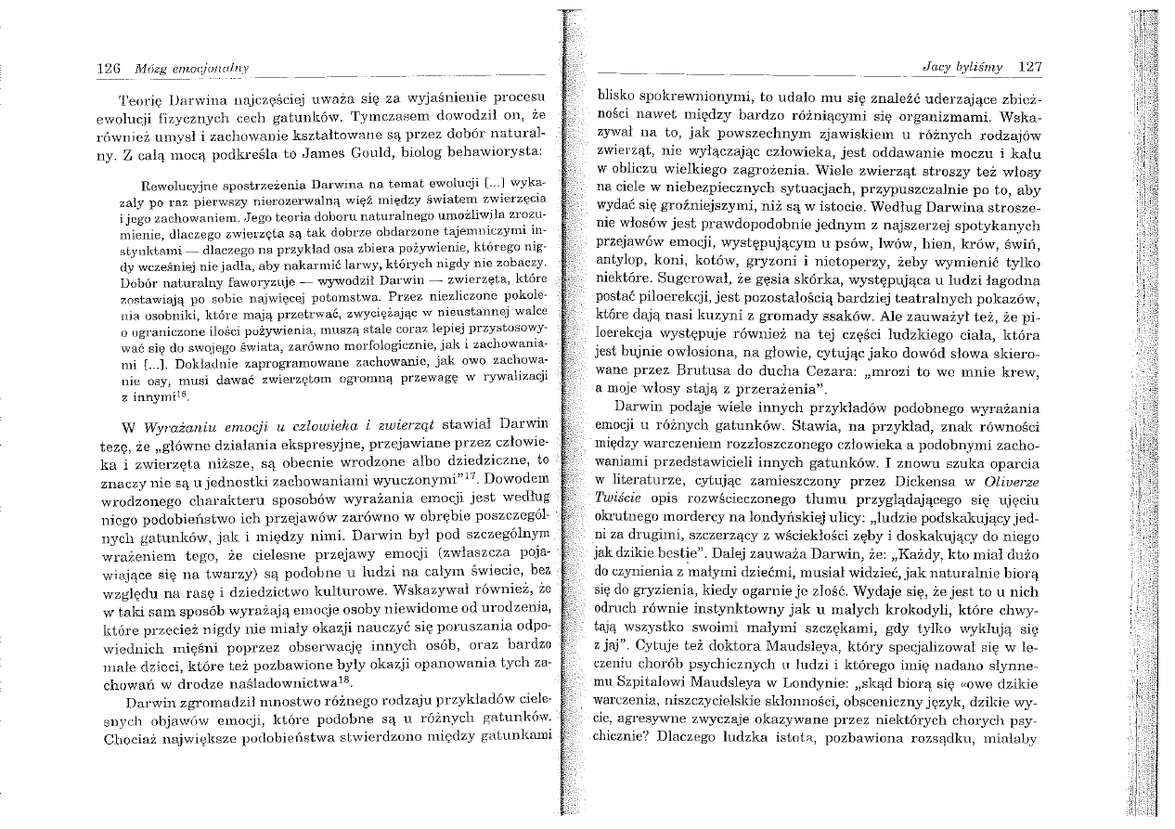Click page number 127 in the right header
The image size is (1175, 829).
(x=1029, y=68)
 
